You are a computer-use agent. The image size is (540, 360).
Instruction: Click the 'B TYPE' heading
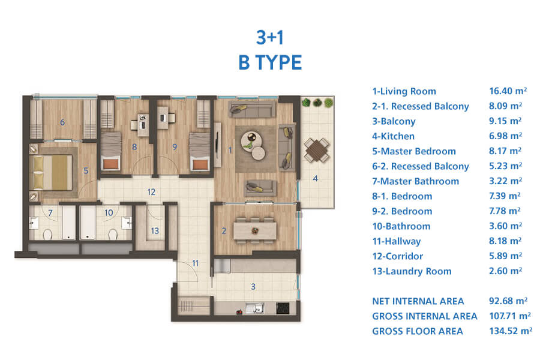tap(270, 62)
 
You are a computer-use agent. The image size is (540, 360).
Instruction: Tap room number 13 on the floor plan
tap(155, 230)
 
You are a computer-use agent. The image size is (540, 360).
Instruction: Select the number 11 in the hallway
tap(195, 263)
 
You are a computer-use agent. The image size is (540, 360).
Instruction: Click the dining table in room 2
tap(255, 230)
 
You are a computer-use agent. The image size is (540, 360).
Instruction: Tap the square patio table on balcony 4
tap(316, 150)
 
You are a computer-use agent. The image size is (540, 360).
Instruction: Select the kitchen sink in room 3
tap(254, 308)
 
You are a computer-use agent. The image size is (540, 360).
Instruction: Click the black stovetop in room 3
tap(283, 308)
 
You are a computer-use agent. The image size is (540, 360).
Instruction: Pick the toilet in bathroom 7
tap(47, 235)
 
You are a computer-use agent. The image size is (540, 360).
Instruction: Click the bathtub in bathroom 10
tap(88, 223)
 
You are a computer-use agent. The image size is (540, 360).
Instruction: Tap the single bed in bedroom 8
tap(111, 151)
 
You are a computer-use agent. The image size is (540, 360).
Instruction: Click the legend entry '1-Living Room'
tap(404, 91)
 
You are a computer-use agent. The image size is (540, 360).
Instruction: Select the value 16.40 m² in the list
tap(508, 91)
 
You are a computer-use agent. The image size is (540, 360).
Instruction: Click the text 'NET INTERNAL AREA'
tap(418, 301)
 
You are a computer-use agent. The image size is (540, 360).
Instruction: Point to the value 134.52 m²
tap(511, 331)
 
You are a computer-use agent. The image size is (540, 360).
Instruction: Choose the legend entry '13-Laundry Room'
tap(412, 271)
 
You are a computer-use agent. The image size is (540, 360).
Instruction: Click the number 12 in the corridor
tap(151, 192)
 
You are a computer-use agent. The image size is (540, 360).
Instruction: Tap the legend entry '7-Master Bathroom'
tap(416, 181)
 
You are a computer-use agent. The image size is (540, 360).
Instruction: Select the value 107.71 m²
tap(510, 316)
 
